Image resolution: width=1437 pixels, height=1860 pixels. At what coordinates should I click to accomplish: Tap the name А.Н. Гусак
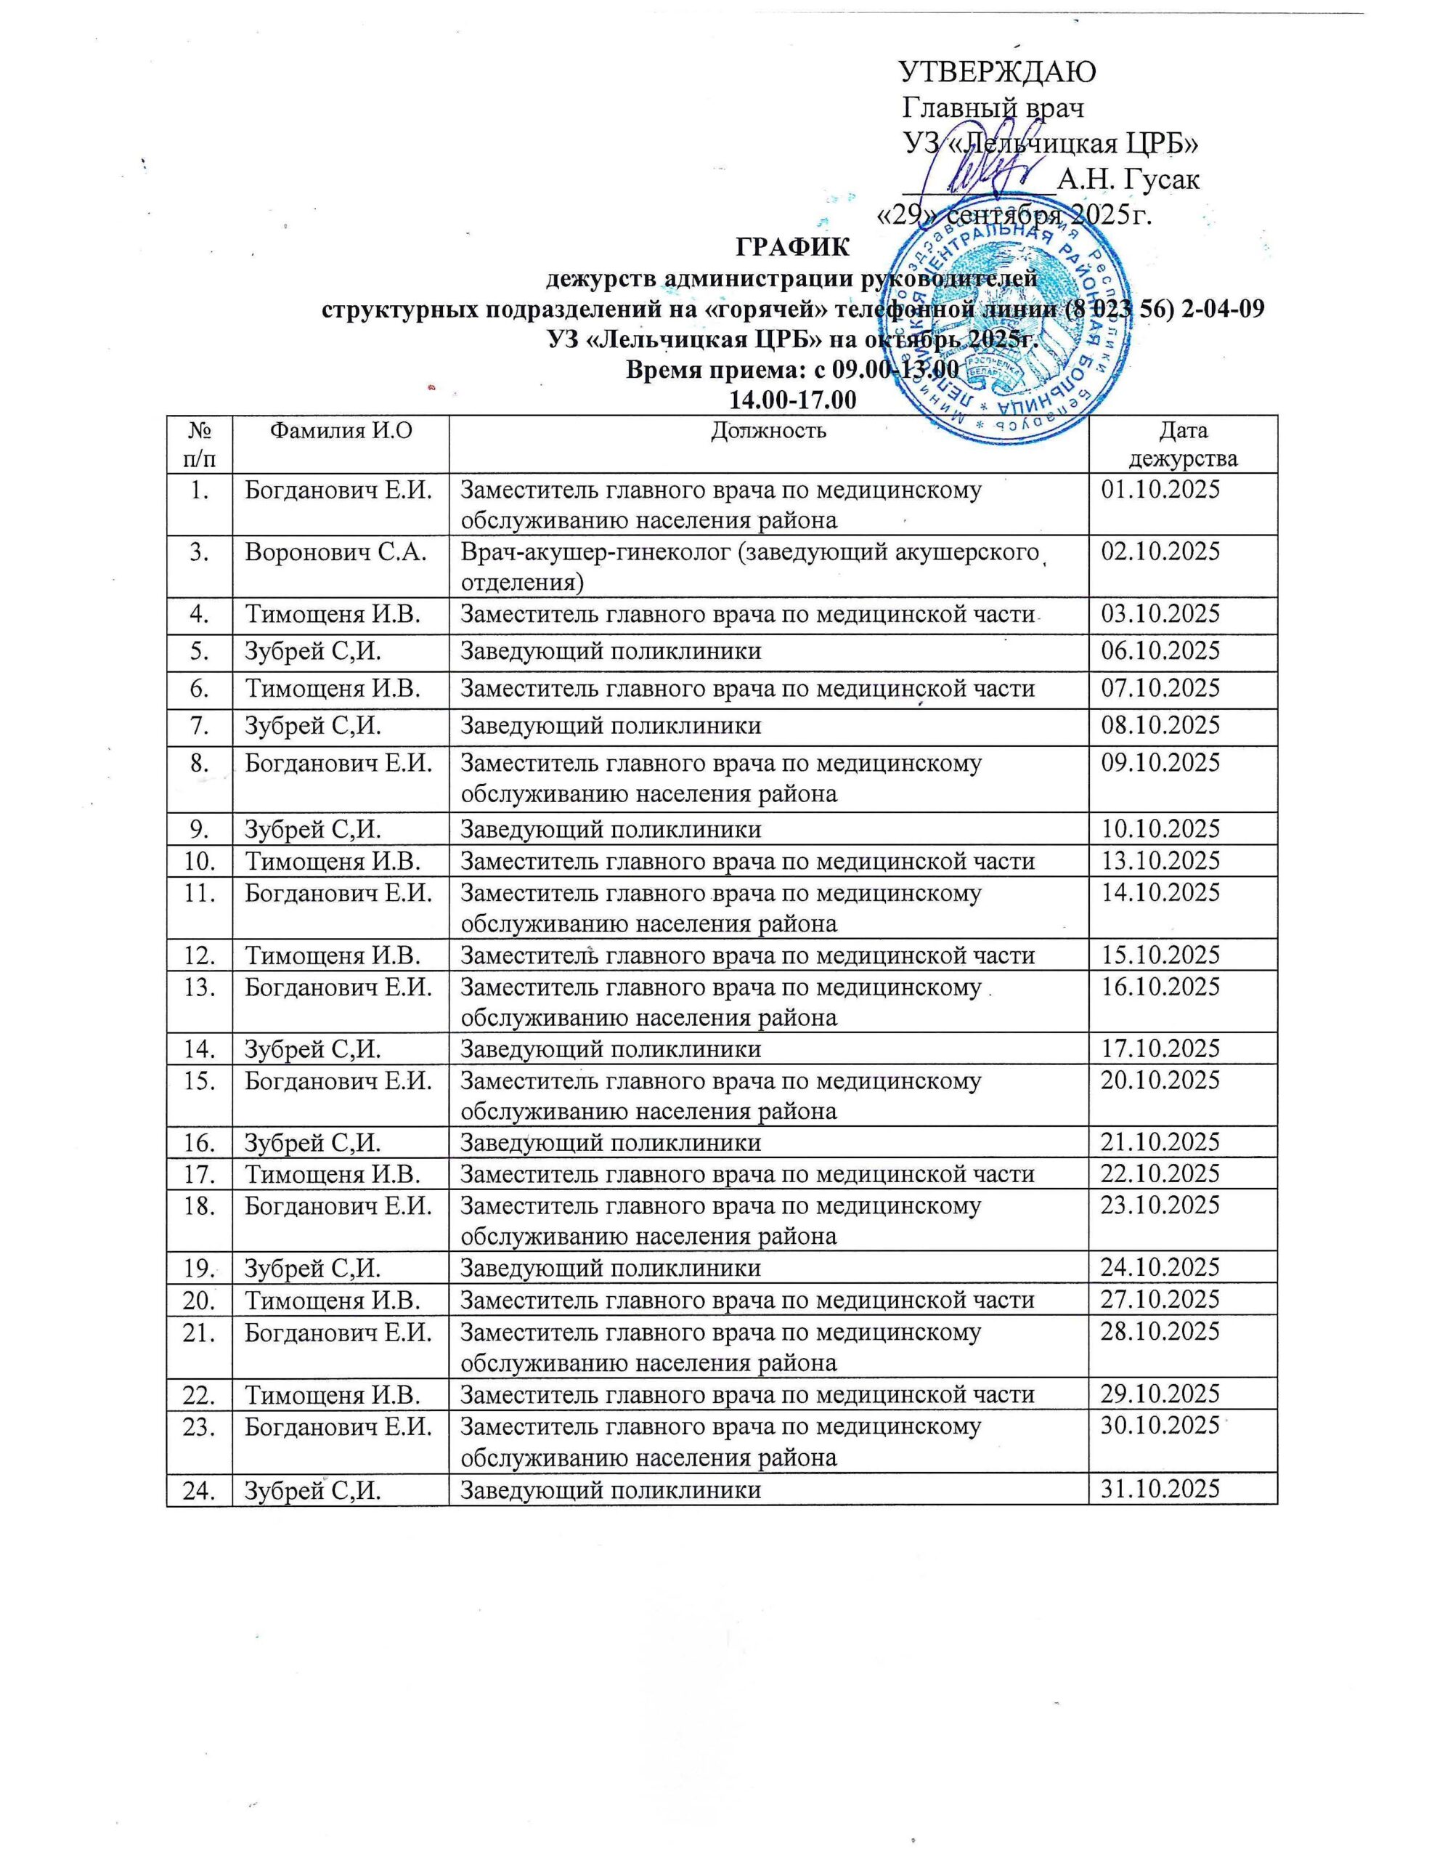coord(1128,179)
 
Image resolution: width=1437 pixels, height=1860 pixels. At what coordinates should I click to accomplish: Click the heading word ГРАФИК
coord(791,248)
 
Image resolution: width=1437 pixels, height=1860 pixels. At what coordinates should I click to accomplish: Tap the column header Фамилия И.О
coord(340,430)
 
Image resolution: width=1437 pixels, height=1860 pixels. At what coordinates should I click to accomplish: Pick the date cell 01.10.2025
coord(1160,491)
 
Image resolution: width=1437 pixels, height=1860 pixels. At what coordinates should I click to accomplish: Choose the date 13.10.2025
coord(1160,861)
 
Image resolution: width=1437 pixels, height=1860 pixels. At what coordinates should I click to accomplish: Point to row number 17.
coord(200,1174)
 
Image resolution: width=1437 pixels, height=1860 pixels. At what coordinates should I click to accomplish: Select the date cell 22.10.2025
coord(1160,1174)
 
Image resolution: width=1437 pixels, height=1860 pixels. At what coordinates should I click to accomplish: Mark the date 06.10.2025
coord(1160,652)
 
